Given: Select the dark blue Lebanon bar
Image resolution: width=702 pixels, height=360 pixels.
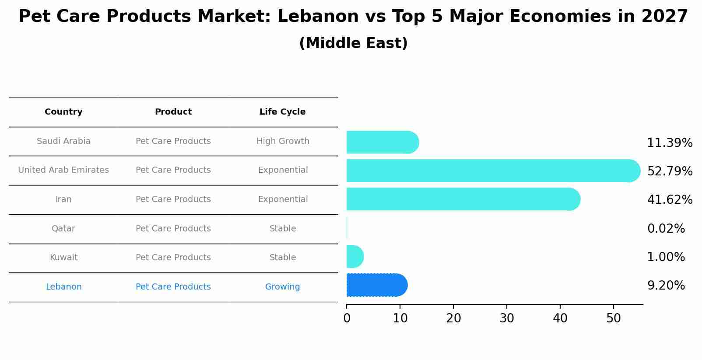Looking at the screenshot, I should point(376,285).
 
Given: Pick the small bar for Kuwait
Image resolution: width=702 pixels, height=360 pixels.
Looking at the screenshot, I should point(354,256).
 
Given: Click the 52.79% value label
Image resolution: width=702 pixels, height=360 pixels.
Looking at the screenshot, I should point(670,171).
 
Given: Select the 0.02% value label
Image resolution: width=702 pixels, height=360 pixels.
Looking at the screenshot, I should point(666,228).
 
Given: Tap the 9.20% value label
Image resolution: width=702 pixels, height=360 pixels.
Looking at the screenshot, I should point(666,286).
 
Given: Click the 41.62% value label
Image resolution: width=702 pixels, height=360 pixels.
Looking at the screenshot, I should point(670,199).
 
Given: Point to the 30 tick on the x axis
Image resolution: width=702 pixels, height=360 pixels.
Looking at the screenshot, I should point(507,318).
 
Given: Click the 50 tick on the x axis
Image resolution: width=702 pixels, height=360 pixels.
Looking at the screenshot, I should point(614,318).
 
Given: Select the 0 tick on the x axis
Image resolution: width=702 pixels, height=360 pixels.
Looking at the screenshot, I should point(347,318).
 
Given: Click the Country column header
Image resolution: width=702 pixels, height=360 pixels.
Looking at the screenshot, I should point(63,112).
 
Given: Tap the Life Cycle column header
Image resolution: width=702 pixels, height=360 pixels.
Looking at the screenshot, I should point(282,112).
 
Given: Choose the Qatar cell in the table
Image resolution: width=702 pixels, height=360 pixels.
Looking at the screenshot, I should point(63,228).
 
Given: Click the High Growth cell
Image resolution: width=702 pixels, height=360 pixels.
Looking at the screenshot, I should point(283,141).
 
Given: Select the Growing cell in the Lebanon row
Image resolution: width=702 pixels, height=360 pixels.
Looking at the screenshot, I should point(282,287).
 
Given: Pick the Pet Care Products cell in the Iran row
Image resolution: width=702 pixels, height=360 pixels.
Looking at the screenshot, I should point(173,199).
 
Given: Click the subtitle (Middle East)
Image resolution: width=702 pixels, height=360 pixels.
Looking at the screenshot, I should point(353,43).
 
